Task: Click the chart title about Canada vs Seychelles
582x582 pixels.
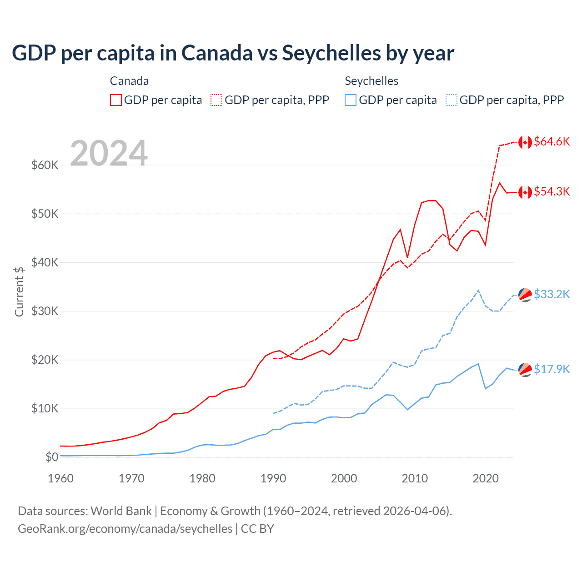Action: click(x=233, y=53)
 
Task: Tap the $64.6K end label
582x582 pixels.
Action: click(x=552, y=142)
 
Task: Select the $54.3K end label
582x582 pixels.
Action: click(x=552, y=191)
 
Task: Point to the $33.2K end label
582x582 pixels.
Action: click(x=552, y=294)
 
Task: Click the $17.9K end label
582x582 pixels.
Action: click(x=552, y=369)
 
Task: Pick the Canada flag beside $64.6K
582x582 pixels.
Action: click(x=525, y=142)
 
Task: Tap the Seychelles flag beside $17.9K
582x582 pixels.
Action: click(x=525, y=370)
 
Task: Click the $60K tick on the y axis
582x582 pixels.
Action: click(x=45, y=165)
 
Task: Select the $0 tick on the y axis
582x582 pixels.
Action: click(x=52, y=457)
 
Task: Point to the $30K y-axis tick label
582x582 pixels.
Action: click(x=45, y=311)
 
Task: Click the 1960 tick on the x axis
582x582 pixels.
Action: click(x=60, y=478)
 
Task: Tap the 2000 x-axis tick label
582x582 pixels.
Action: click(x=344, y=478)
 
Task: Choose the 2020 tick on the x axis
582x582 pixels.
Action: click(x=486, y=478)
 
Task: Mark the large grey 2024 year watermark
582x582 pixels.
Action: click(x=109, y=153)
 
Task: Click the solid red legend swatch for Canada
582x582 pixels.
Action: click(x=116, y=100)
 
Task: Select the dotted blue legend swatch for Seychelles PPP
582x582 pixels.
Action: click(x=452, y=100)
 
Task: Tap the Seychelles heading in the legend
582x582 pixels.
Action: click(x=371, y=81)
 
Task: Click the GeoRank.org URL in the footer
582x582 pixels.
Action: click(x=125, y=529)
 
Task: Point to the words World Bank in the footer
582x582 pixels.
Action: click(x=121, y=511)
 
